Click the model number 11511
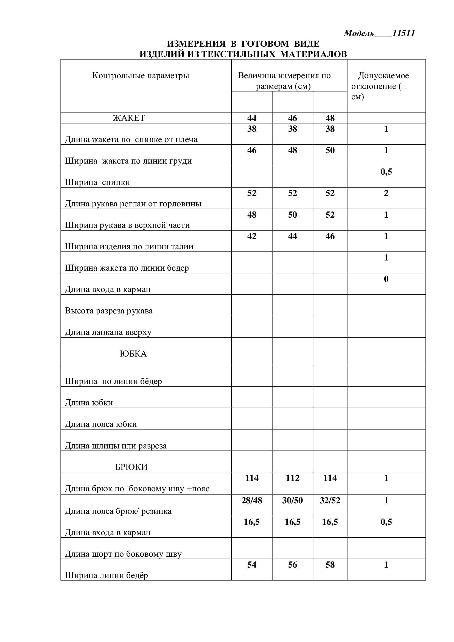point(403,33)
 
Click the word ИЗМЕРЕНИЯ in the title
point(196,44)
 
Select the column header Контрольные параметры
point(141,75)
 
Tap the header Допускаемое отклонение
point(383,81)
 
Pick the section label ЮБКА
point(133,354)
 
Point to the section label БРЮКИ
point(131,467)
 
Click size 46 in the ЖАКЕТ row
point(292,118)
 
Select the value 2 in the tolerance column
point(386,193)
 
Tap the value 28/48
point(252,501)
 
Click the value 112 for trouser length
point(292,478)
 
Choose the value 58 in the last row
point(330,565)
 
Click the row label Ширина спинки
point(97,182)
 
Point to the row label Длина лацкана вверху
point(108,332)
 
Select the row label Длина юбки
point(89,403)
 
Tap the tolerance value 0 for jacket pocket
point(386,279)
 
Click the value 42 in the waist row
point(252,236)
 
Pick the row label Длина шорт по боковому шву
point(123,554)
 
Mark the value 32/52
point(330,501)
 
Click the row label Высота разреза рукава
point(109,311)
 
